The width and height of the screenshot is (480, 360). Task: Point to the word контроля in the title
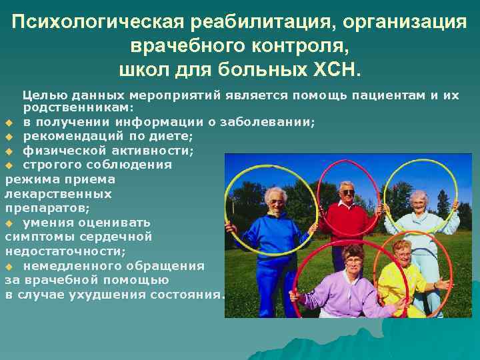297,46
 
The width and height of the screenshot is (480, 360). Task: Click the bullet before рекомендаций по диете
9,137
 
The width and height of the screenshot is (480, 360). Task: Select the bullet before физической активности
9,151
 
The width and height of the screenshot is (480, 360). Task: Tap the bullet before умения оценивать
9,223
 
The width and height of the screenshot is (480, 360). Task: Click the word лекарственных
58,194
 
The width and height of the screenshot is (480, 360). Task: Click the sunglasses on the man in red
347,192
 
